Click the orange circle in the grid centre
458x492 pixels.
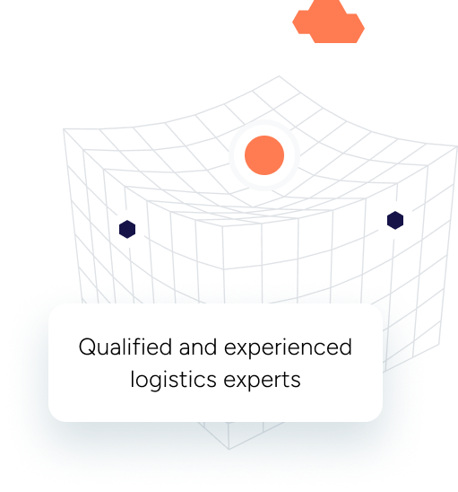pos(264,155)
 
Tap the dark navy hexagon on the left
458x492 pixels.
pos(127,229)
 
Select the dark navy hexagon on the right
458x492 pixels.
pos(395,220)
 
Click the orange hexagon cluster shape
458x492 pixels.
pos(328,22)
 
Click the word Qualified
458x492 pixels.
pos(125,347)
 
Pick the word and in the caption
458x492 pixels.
pos(198,347)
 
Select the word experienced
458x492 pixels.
pos(288,347)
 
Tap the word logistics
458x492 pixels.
pos(173,380)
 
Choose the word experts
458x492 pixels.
pos(263,381)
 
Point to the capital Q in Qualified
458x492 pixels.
pos(87,347)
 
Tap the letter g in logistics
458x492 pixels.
pos(159,383)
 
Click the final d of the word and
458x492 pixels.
pos(211,347)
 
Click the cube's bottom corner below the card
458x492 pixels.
pos(229,449)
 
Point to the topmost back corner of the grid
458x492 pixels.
pos(279,76)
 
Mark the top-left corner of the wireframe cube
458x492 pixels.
pos(64,128)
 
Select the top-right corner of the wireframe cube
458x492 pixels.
pos(457,146)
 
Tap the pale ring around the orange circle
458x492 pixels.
pos(264,122)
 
